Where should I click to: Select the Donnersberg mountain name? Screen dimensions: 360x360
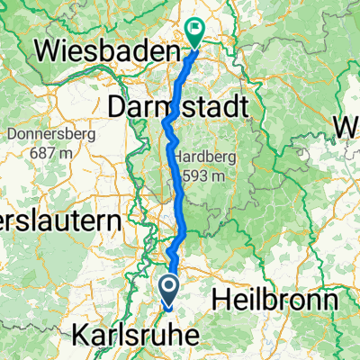42,136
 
